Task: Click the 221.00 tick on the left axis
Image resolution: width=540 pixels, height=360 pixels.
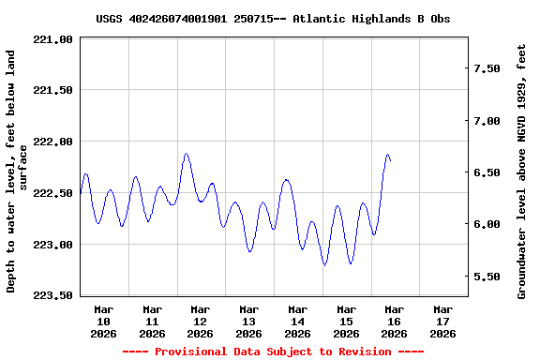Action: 52,39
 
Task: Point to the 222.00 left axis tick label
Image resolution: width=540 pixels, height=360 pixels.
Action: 52,142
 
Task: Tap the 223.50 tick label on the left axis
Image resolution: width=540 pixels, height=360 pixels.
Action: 52,295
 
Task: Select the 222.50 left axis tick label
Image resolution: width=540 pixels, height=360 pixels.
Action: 52,193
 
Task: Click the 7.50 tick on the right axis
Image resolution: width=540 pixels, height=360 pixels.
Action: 493,69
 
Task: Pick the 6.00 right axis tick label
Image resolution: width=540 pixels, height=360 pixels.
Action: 493,225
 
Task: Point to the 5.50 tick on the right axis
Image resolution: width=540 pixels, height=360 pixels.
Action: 493,277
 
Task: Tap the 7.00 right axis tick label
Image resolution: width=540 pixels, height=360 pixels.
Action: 493,121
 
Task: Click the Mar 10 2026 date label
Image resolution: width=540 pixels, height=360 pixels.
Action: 103,321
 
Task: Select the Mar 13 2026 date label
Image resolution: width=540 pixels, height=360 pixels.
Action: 248,321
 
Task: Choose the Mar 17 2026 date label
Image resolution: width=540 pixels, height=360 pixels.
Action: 442,321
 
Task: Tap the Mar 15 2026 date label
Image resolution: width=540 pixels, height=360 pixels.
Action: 346,321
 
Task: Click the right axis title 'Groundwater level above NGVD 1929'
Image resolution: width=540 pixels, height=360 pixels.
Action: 522,171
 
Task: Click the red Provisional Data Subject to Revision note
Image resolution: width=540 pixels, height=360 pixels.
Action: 273,352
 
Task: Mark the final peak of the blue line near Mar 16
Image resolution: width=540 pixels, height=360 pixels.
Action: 387,155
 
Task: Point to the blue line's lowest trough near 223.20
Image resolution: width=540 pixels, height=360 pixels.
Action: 324,265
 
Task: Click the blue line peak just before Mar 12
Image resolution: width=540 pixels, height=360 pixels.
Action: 187,154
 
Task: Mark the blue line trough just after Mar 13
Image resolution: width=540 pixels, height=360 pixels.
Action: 249,251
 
